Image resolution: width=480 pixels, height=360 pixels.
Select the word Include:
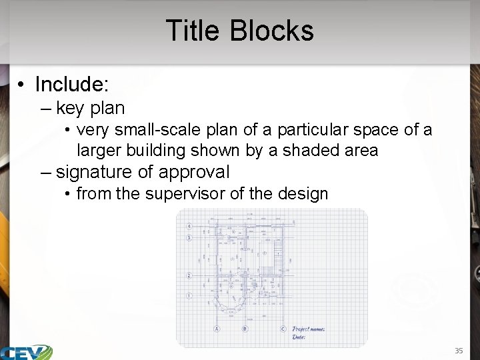click(x=72, y=85)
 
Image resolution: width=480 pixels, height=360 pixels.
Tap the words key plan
click(x=91, y=107)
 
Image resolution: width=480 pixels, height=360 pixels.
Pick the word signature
click(x=94, y=172)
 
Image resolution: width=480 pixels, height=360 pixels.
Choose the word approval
click(x=193, y=172)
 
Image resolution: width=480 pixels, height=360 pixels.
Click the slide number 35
click(x=459, y=351)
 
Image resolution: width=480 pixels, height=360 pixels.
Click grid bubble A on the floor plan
click(x=217, y=328)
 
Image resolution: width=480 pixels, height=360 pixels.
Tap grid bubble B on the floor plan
click(x=245, y=328)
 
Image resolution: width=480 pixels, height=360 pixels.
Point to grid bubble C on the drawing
click(x=283, y=328)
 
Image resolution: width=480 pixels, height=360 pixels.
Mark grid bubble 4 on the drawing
click(x=189, y=226)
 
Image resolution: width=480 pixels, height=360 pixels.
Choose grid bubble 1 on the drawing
click(x=189, y=295)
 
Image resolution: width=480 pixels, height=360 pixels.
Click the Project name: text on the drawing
click(x=309, y=329)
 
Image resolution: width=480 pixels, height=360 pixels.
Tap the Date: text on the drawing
click(x=299, y=337)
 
